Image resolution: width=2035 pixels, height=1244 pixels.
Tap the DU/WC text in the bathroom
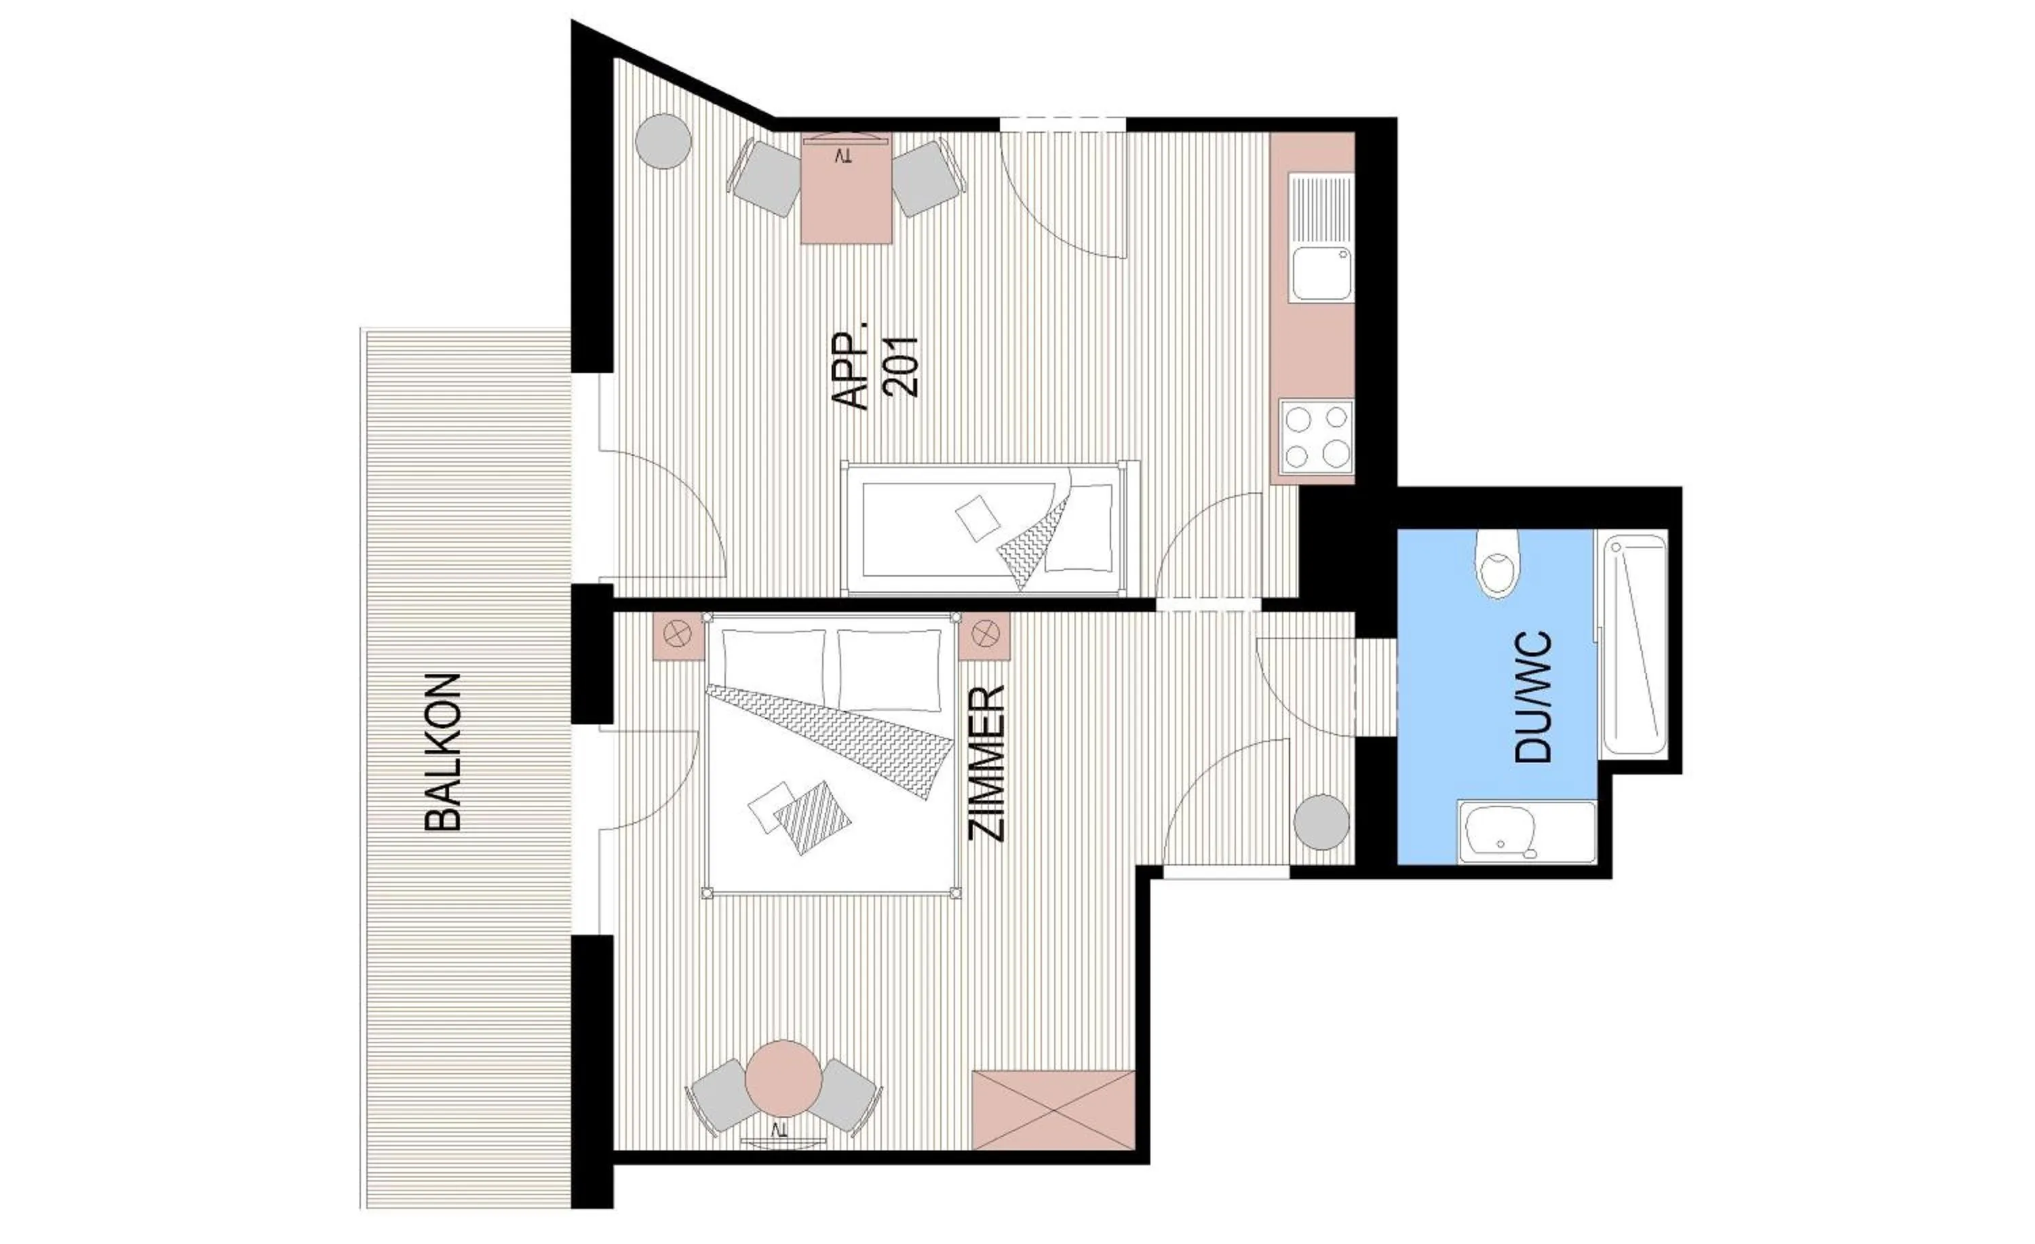pos(1534,697)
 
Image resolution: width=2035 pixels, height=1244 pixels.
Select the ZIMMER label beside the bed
pos(986,764)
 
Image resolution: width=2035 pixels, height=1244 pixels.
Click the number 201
pos(900,367)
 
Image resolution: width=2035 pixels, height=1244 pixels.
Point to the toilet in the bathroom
pos(1497,564)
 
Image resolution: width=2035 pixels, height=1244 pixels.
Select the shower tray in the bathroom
pos(1633,644)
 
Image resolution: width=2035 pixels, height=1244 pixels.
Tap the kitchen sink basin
pos(1321,273)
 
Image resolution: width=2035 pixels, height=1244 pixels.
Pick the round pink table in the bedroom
pos(783,1078)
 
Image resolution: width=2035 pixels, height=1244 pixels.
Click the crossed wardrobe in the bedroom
pos(1053,1110)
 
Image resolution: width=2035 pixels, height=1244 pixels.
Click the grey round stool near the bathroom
pos(1321,822)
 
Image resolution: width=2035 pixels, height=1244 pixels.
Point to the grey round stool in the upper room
pos(663,141)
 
